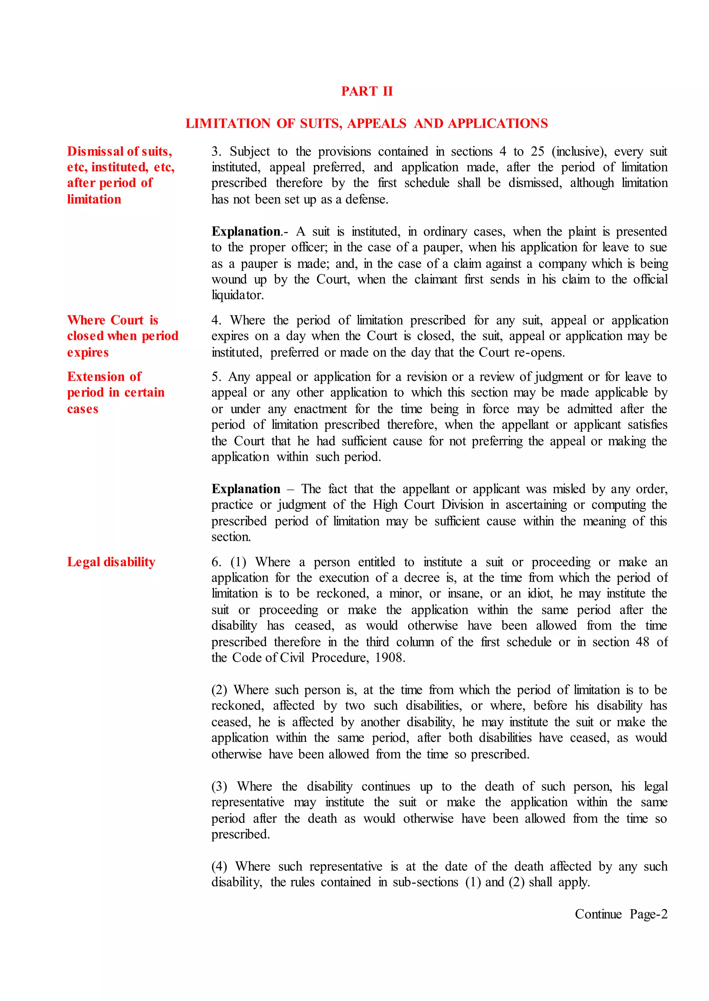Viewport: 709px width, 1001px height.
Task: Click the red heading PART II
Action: [x=367, y=91]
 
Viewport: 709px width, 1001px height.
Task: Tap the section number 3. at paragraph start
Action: [x=216, y=151]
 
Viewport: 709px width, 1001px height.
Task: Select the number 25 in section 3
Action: [x=537, y=151]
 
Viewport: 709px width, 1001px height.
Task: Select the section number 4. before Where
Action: [x=216, y=320]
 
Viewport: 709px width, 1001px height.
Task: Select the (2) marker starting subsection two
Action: [x=219, y=690]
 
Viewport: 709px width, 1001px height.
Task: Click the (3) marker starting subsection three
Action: [x=219, y=787]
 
